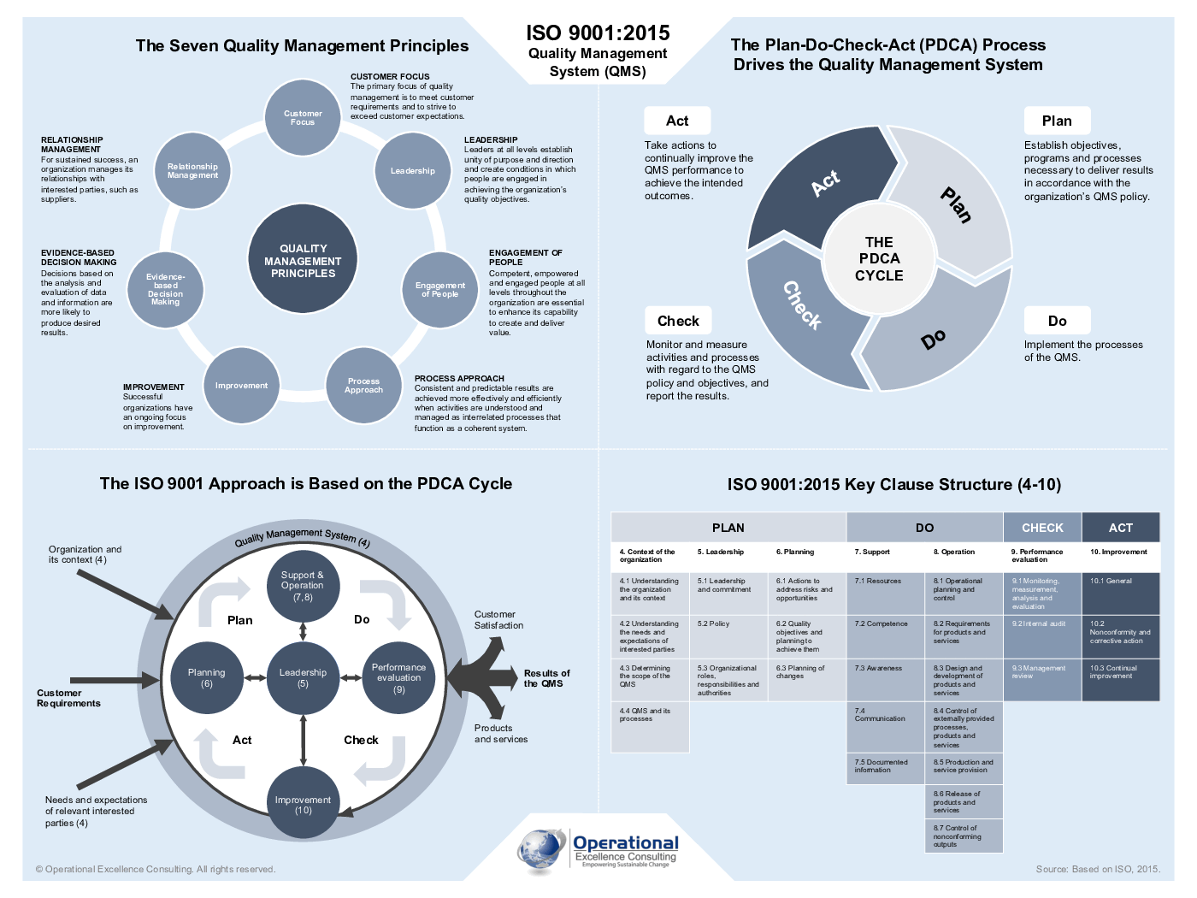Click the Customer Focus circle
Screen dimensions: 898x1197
click(303, 118)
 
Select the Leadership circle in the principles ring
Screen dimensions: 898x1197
click(413, 171)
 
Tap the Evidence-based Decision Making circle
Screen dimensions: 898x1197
click(165, 290)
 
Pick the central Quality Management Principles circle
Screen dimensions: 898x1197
click(303, 261)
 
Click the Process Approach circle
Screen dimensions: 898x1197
click(363, 386)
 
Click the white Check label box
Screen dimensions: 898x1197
click(678, 321)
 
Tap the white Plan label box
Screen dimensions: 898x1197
click(1057, 121)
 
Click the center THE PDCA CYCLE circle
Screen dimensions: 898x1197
click(879, 259)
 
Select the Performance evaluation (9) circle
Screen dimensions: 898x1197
click(398, 677)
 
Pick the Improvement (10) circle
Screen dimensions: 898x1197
click(303, 804)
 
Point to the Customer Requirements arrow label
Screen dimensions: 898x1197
click(68, 698)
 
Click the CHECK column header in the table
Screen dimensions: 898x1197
click(1042, 528)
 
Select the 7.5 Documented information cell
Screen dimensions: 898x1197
click(885, 766)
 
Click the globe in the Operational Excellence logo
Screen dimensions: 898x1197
click(540, 848)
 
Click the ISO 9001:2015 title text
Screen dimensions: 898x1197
click(598, 33)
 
